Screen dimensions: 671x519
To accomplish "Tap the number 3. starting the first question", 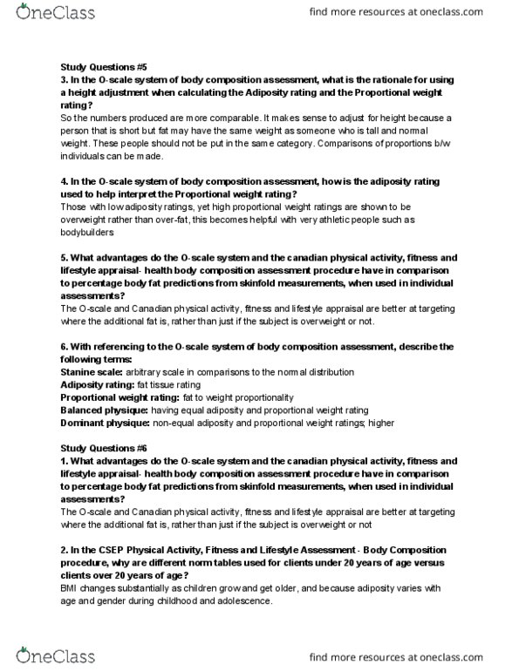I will [64, 80].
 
